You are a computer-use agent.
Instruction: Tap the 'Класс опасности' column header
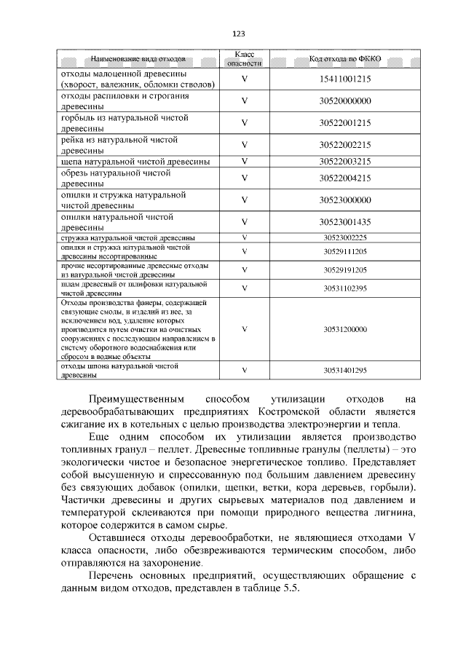click(245, 58)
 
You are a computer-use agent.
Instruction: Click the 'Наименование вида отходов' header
click(138, 58)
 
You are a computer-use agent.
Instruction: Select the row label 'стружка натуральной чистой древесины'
click(127, 237)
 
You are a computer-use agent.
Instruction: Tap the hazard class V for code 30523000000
click(245, 200)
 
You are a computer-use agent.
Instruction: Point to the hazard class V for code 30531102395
click(245, 288)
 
